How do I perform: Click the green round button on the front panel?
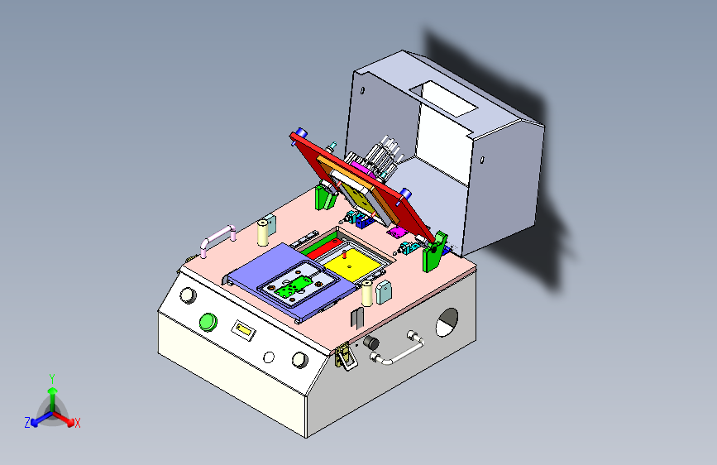coord(208,321)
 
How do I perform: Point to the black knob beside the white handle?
coord(371,343)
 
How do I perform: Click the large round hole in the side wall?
coord(447,321)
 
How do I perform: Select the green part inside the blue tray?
coord(293,286)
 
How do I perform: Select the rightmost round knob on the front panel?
coord(299,361)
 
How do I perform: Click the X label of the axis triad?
coord(78,423)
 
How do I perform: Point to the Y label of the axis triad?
coord(51,377)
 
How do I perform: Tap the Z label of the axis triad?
coord(26,423)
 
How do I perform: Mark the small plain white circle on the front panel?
coord(268,357)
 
